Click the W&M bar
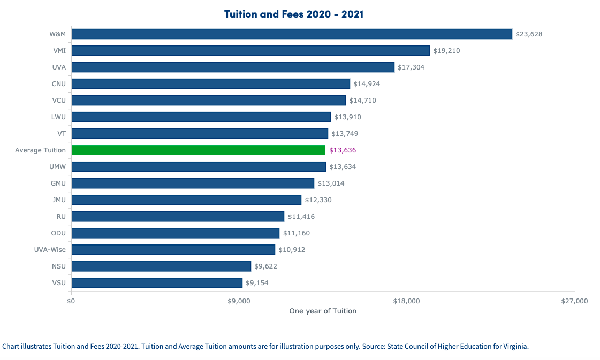(292, 34)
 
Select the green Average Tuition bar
(198, 150)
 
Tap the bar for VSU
(157, 283)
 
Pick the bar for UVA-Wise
(173, 250)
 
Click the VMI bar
(250, 51)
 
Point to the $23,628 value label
(529, 34)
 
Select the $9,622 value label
(266, 266)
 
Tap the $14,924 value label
(367, 84)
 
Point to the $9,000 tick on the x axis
(239, 301)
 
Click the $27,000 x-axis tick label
(574, 301)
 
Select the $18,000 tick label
(407, 301)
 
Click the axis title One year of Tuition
(323, 311)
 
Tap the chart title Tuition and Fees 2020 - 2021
(294, 14)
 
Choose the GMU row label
(58, 183)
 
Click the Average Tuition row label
(40, 150)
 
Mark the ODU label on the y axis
(58, 233)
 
